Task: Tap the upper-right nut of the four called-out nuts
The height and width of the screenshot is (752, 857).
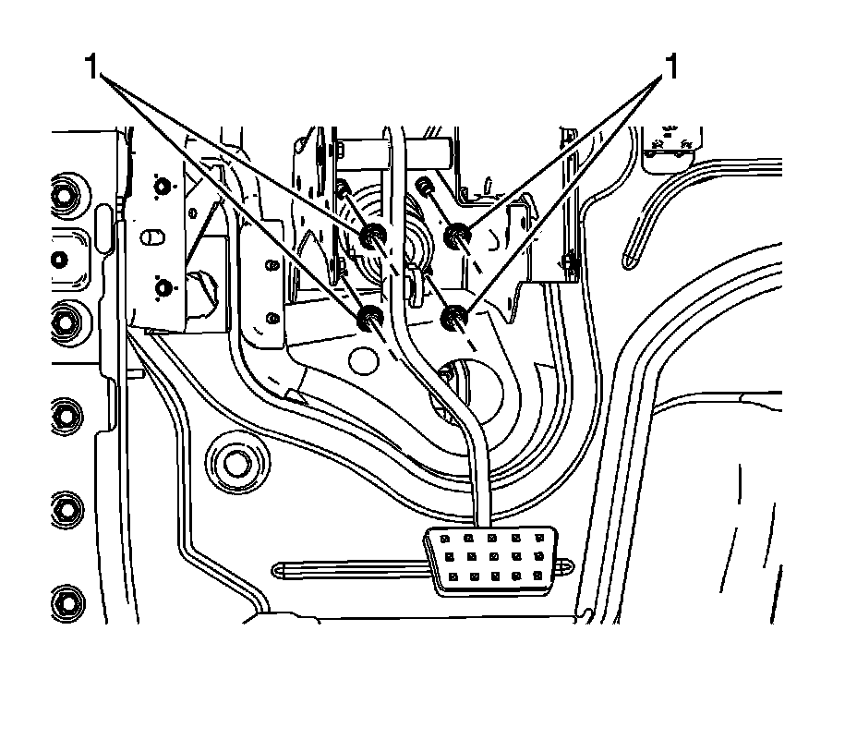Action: click(455, 237)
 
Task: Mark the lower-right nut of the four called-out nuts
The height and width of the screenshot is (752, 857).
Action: click(453, 320)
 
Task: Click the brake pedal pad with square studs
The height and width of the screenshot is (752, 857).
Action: click(491, 560)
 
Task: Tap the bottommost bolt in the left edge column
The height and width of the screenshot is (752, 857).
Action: click(66, 600)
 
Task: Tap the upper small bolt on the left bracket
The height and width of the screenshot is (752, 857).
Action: click(163, 188)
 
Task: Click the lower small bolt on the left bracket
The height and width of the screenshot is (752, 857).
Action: click(163, 288)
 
